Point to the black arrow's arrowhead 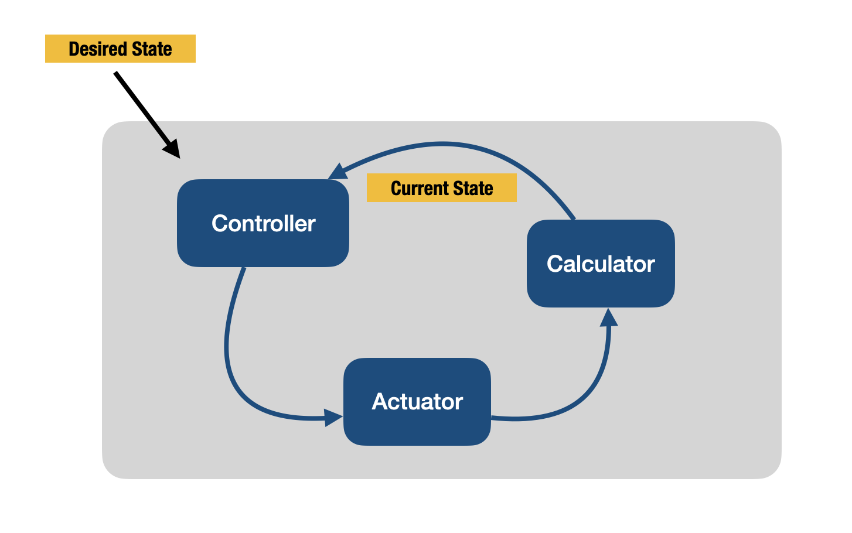point(172,149)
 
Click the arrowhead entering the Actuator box point(333,418)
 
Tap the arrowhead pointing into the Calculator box point(609,318)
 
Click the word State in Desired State point(152,49)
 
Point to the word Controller point(264,223)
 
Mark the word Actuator point(417,402)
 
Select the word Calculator point(601,264)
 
